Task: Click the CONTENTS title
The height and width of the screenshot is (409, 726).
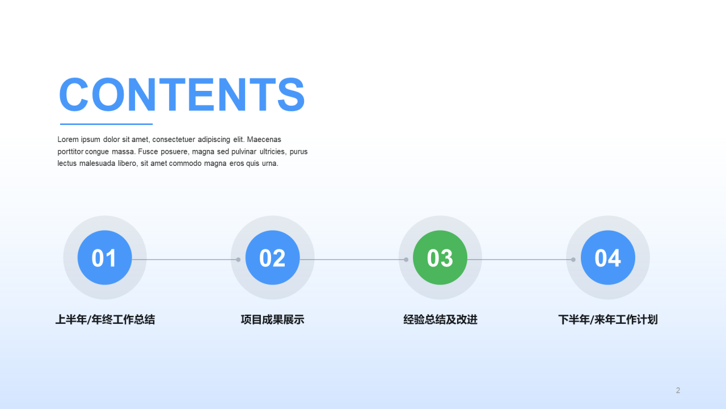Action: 182,94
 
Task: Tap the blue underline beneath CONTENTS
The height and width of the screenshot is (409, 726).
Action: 107,124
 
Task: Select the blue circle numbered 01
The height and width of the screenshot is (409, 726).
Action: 104,258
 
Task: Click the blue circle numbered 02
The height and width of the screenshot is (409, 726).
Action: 272,258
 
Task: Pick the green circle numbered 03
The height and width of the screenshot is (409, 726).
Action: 440,258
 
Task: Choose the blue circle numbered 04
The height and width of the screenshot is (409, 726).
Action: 607,258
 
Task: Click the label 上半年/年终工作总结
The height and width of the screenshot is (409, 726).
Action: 105,320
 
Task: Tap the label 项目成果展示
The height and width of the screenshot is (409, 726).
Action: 272,320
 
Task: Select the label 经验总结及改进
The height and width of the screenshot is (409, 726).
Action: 440,320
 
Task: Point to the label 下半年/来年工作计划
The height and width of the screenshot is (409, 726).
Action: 607,320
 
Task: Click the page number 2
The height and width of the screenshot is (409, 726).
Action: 678,390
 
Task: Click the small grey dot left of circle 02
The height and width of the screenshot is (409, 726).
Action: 238,260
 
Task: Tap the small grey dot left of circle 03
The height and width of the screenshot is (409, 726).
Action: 406,260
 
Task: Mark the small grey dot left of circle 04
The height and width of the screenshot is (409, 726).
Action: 573,260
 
